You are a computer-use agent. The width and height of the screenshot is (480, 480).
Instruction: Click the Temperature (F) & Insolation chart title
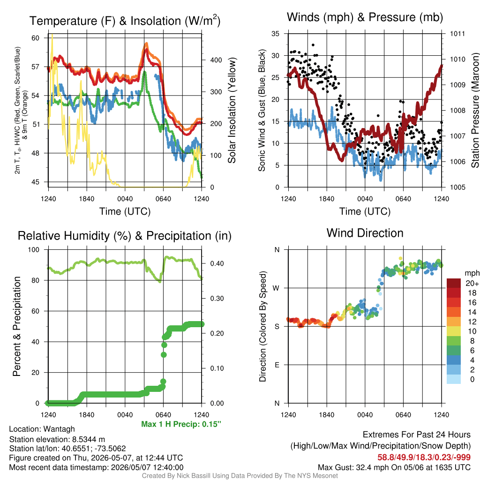pos(125,21)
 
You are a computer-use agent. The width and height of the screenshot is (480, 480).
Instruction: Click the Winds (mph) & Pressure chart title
pos(365,17)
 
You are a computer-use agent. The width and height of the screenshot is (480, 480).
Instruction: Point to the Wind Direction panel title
pos(365,233)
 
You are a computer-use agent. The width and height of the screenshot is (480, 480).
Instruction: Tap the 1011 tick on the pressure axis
pos(457,34)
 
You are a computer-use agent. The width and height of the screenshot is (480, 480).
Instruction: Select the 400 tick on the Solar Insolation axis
pos(216,60)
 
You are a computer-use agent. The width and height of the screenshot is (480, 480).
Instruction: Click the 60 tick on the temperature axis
pos(36,38)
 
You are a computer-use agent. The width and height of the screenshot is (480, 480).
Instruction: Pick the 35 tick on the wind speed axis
pos(275,34)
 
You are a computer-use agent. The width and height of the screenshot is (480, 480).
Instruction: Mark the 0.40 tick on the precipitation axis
pos(217,263)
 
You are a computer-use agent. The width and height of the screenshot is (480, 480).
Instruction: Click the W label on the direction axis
pos(276,288)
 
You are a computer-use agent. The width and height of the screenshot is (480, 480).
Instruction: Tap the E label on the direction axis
pos(277,365)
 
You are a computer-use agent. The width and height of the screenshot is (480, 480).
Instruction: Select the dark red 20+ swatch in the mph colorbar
pos(454,283)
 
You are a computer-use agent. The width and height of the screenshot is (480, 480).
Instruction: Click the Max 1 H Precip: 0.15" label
pos(181,424)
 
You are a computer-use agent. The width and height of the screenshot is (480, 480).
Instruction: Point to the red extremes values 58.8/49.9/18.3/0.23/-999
pos(424,457)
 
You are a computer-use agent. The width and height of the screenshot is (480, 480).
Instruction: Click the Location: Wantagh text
pos(42,429)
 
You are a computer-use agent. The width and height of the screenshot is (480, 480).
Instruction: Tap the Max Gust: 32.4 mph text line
pos(394,467)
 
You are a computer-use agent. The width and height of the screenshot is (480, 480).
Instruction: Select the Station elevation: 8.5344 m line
pos(57,439)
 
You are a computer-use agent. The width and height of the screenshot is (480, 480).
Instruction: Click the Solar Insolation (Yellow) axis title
pos(232,110)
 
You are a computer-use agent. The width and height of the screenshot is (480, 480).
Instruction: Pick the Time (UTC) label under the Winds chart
pos(365,211)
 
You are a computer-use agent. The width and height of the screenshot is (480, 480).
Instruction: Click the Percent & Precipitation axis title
pos(17,326)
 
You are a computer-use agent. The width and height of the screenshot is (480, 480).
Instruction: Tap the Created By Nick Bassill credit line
pos(240,476)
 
